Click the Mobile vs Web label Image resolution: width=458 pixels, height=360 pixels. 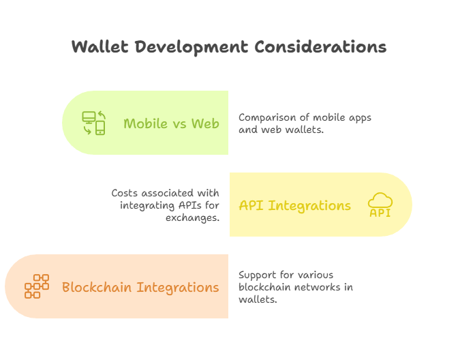tap(171, 123)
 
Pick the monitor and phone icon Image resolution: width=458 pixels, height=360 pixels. tap(94, 123)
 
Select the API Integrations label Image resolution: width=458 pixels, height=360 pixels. tap(294, 205)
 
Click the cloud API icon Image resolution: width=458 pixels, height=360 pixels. tap(380, 205)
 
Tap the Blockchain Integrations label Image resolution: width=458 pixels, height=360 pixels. tap(140, 287)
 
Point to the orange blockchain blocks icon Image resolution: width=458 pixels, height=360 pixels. tap(37, 286)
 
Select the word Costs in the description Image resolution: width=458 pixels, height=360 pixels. tap(125, 193)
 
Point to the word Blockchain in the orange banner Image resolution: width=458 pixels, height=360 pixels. tap(97, 287)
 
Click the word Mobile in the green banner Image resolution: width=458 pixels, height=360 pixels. tap(146, 123)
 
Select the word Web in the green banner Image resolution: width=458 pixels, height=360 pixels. tap(205, 123)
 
